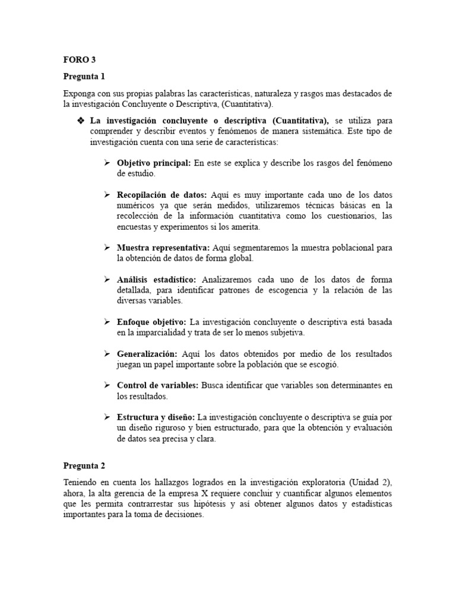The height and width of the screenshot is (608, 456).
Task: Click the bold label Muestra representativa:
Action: pos(163,248)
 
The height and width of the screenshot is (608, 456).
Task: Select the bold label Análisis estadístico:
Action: pos(157,280)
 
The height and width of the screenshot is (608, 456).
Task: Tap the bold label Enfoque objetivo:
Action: pos(151,322)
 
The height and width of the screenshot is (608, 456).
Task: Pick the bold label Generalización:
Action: pos(147,354)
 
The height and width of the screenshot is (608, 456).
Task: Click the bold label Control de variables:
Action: pos(157,385)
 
